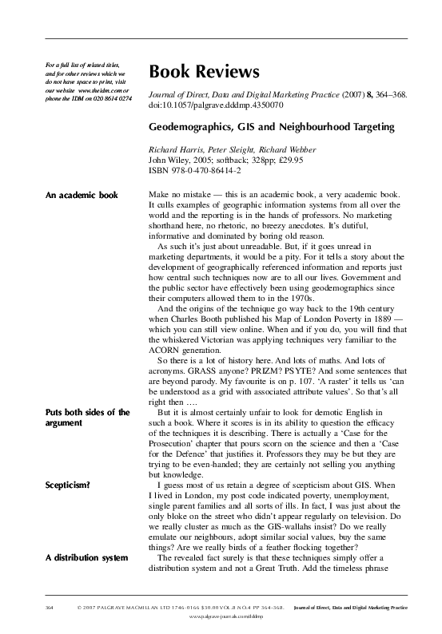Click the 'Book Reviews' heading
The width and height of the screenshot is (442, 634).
tap(204, 73)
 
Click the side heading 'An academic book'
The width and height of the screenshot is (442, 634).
tap(82, 195)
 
